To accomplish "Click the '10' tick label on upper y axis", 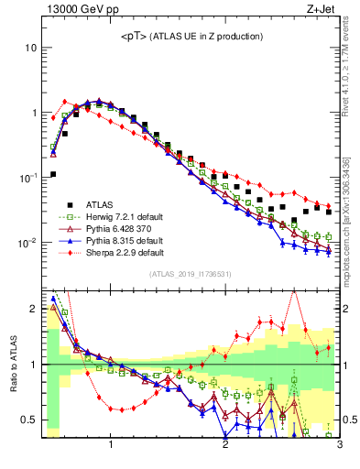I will [30, 48].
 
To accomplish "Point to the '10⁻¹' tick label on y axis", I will [27, 178].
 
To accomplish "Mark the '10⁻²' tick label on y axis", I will [27, 243].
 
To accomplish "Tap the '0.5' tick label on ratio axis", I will [28, 420].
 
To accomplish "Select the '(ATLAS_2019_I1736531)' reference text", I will [191, 274].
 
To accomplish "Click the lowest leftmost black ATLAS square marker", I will [53, 174].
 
